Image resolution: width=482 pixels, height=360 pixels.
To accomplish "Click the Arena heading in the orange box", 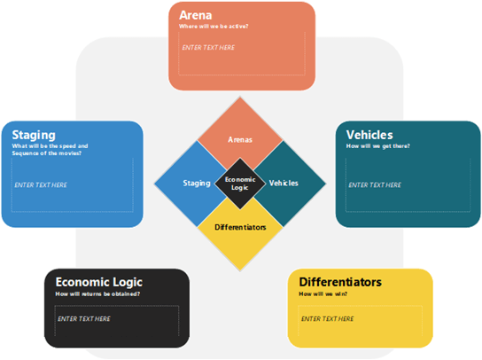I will pos(195,16).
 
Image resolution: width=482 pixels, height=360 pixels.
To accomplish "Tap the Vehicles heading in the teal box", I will pos(369,135).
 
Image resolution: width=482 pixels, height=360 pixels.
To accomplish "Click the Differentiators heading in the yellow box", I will pos(339,282).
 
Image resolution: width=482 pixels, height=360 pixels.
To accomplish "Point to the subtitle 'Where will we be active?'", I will pos(214,27).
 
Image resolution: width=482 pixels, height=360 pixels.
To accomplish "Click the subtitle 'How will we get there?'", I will pos(378,145).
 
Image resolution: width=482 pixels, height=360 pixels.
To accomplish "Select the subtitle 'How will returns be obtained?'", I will pos(98,293).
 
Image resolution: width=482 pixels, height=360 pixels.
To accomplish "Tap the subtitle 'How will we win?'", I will pos(324,293).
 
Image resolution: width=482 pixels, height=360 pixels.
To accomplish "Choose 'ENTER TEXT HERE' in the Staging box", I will pos(41,184).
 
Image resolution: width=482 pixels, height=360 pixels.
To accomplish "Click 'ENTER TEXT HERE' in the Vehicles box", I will pos(373,184).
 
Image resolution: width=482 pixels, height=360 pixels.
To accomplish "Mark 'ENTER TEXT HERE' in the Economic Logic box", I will pos(84,318).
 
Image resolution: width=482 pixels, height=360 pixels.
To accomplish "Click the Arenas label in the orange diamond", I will pos(240,139).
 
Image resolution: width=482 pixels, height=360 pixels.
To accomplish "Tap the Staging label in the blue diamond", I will pos(196,183).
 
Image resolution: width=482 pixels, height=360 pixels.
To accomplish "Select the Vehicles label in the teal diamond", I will pos(284,183).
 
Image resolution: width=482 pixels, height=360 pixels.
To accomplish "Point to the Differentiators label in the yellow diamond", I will pos(240,227).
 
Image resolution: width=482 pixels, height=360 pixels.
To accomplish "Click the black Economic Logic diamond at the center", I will pos(240,183).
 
